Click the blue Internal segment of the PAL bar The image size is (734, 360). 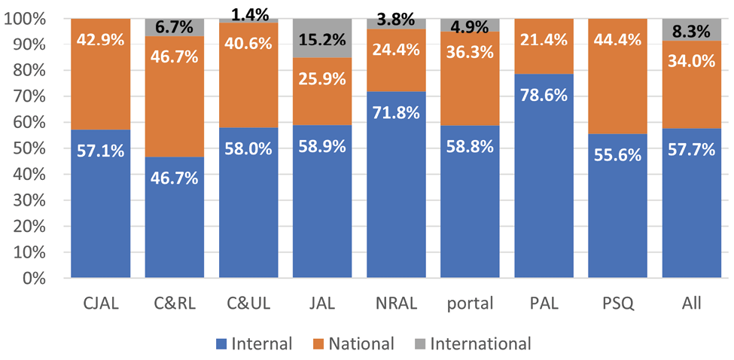coord(544,203)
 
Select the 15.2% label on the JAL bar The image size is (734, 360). coord(322,38)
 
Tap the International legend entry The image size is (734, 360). coord(474,343)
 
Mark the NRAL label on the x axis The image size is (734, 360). coord(396,304)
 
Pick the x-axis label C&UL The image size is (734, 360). coord(248,304)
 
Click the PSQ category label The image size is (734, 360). coord(617,304)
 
